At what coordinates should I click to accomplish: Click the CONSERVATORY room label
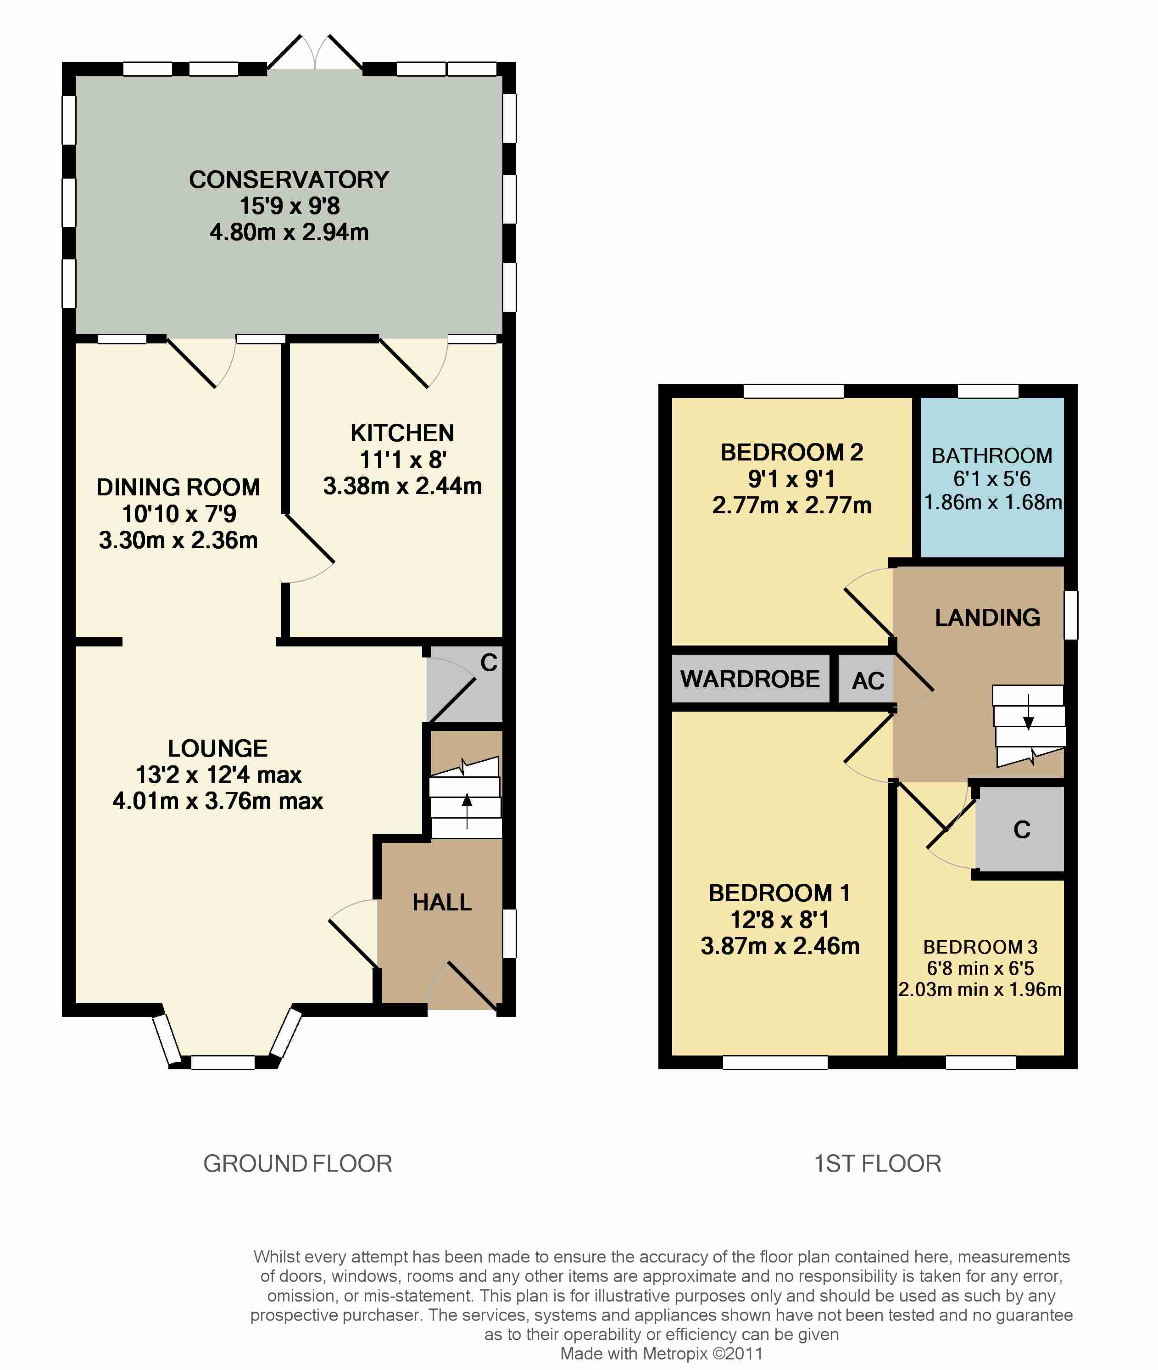click(289, 180)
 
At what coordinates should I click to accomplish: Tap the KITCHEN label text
click(402, 433)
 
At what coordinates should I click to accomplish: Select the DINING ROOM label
click(178, 487)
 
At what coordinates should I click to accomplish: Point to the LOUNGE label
click(218, 748)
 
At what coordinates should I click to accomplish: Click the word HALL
click(442, 902)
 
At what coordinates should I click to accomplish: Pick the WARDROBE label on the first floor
click(750, 679)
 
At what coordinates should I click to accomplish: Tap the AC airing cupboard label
click(868, 681)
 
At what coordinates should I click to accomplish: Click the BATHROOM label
click(992, 455)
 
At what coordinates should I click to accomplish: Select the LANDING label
click(987, 618)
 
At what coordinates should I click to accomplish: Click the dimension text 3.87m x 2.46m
click(780, 946)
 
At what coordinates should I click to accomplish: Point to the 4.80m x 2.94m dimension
click(289, 232)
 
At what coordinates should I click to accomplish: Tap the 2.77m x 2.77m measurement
click(792, 505)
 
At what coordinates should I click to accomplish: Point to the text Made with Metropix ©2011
click(661, 1353)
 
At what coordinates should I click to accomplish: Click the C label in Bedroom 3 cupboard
click(1021, 830)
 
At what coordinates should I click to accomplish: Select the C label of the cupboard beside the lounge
click(489, 663)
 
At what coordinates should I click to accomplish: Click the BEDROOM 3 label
click(980, 947)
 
